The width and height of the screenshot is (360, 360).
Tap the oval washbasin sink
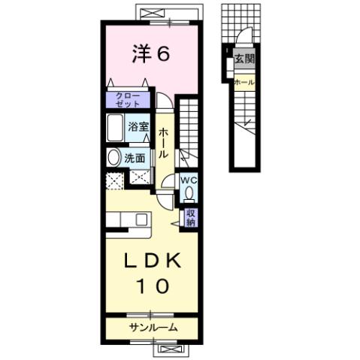(x=113, y=158)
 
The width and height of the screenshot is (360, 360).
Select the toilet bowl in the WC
(x=188, y=193)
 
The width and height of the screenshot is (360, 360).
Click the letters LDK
(x=151, y=260)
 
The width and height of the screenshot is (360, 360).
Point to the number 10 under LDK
(x=151, y=286)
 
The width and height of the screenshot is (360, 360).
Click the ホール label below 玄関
(x=244, y=81)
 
